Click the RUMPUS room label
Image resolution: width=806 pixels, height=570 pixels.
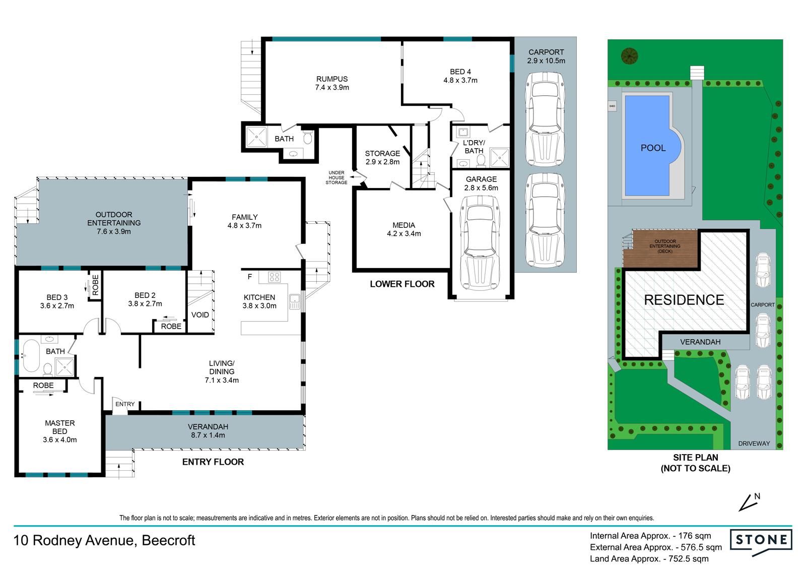tap(332, 79)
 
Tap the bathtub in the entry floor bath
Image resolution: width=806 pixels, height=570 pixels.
tap(31, 355)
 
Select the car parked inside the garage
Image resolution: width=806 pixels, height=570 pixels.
tap(480, 243)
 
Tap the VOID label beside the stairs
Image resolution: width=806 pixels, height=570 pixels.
tap(200, 315)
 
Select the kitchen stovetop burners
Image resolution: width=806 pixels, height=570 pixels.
tap(274, 277)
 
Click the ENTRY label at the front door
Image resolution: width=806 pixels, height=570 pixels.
tap(125, 404)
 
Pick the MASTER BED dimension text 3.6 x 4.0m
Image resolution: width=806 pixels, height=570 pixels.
tap(60, 439)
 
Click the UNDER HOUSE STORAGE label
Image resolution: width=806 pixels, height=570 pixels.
tap(337, 177)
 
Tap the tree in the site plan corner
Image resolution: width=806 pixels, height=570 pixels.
tap(629, 56)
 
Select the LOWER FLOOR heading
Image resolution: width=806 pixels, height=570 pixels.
tap(402, 284)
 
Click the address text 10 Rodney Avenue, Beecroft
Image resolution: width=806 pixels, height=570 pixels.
tap(104, 540)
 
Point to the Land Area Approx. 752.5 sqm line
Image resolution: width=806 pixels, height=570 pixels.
tap(649, 559)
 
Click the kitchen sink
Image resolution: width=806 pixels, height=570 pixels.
tap(294, 301)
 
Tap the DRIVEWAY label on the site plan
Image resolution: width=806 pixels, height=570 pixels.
tap(754, 444)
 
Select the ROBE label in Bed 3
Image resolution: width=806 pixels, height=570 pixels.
tap(95, 285)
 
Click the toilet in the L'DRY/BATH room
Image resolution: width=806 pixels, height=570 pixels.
tap(481, 161)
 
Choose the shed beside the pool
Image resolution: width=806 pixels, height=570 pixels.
tap(612, 106)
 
